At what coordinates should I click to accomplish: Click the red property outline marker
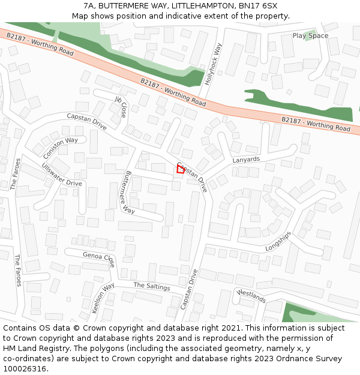(180, 169)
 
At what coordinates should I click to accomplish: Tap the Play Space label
(310, 36)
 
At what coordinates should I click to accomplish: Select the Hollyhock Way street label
(214, 64)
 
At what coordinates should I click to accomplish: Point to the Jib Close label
(121, 106)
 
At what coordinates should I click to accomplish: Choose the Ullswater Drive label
(62, 174)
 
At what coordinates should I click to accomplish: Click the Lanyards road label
(246, 160)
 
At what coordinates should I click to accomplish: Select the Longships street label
(278, 241)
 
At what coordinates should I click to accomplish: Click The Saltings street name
(152, 286)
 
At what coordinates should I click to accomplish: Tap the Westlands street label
(251, 296)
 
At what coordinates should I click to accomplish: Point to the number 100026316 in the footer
(24, 369)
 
